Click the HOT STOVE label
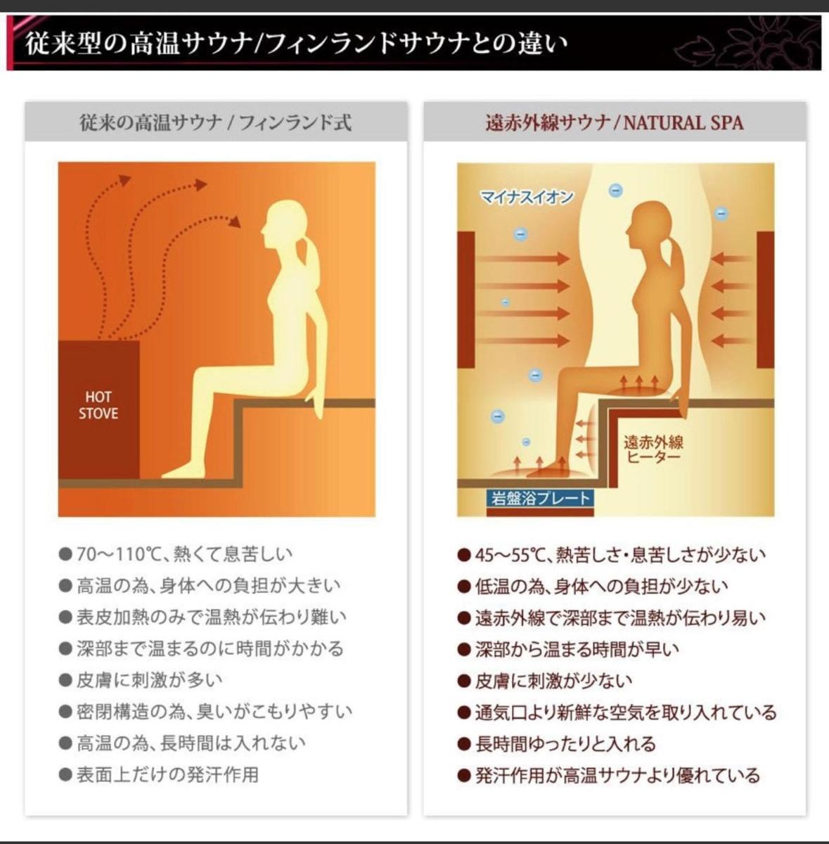click(x=98, y=405)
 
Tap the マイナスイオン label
click(x=527, y=197)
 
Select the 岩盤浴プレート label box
click(x=540, y=499)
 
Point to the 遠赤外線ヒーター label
click(x=653, y=449)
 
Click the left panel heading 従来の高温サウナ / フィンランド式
click(x=215, y=122)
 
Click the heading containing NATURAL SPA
click(x=615, y=122)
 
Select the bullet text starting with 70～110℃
click(x=184, y=554)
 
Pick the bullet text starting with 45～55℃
click(x=620, y=555)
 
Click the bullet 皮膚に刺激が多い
click(x=150, y=680)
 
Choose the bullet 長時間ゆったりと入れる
click(x=565, y=743)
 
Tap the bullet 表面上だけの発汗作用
click(x=168, y=774)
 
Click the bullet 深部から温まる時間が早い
click(x=577, y=649)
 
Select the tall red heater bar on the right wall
click(x=766, y=300)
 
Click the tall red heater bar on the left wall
click(x=466, y=300)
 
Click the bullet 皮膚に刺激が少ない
click(x=554, y=681)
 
